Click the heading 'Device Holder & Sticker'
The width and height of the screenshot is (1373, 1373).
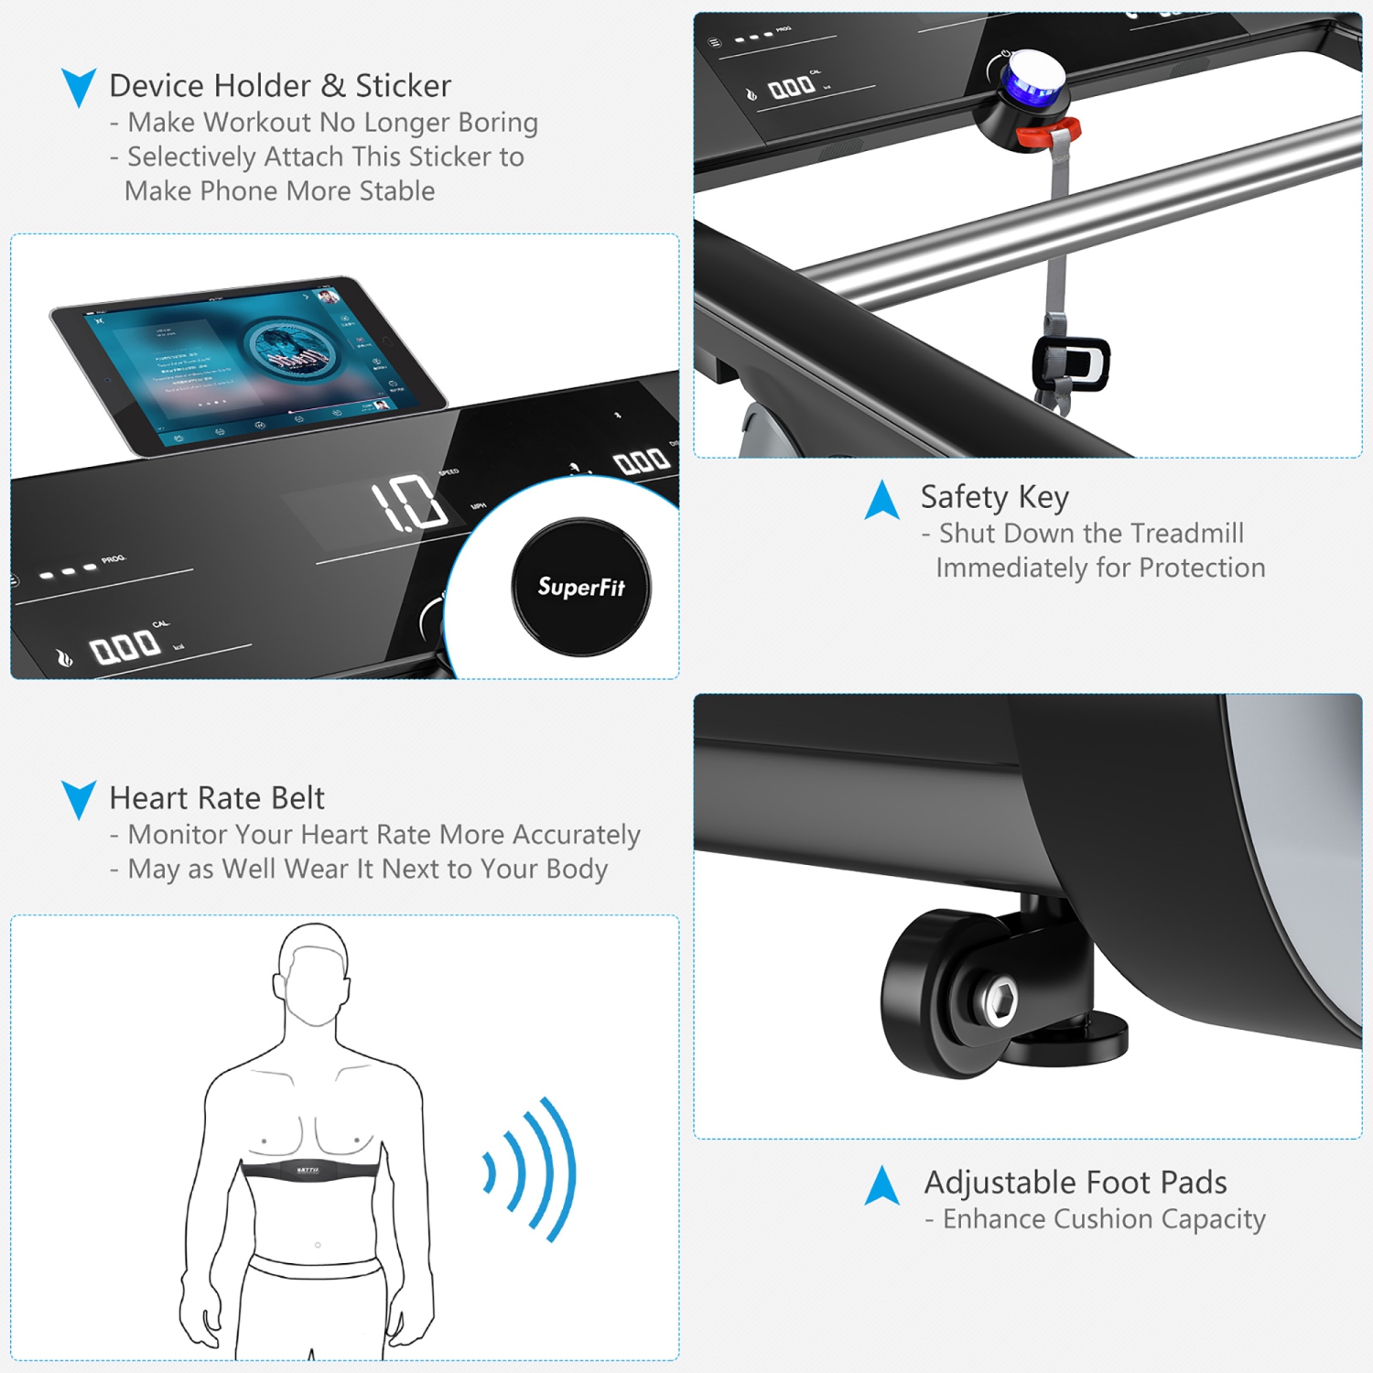click(x=279, y=86)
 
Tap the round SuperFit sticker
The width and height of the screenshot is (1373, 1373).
click(x=580, y=587)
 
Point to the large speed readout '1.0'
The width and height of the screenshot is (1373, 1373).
click(x=409, y=503)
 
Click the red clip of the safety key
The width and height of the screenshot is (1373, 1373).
click(x=1048, y=134)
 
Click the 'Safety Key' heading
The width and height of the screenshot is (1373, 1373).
click(x=994, y=497)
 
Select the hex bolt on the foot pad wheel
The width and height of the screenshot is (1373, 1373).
click(x=999, y=1002)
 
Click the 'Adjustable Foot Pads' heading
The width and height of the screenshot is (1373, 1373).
click(x=1075, y=1183)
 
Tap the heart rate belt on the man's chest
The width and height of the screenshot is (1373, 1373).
click(x=310, y=1171)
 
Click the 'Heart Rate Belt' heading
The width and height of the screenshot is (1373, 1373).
click(x=217, y=798)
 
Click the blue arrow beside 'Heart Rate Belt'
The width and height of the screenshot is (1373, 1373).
click(x=79, y=799)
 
